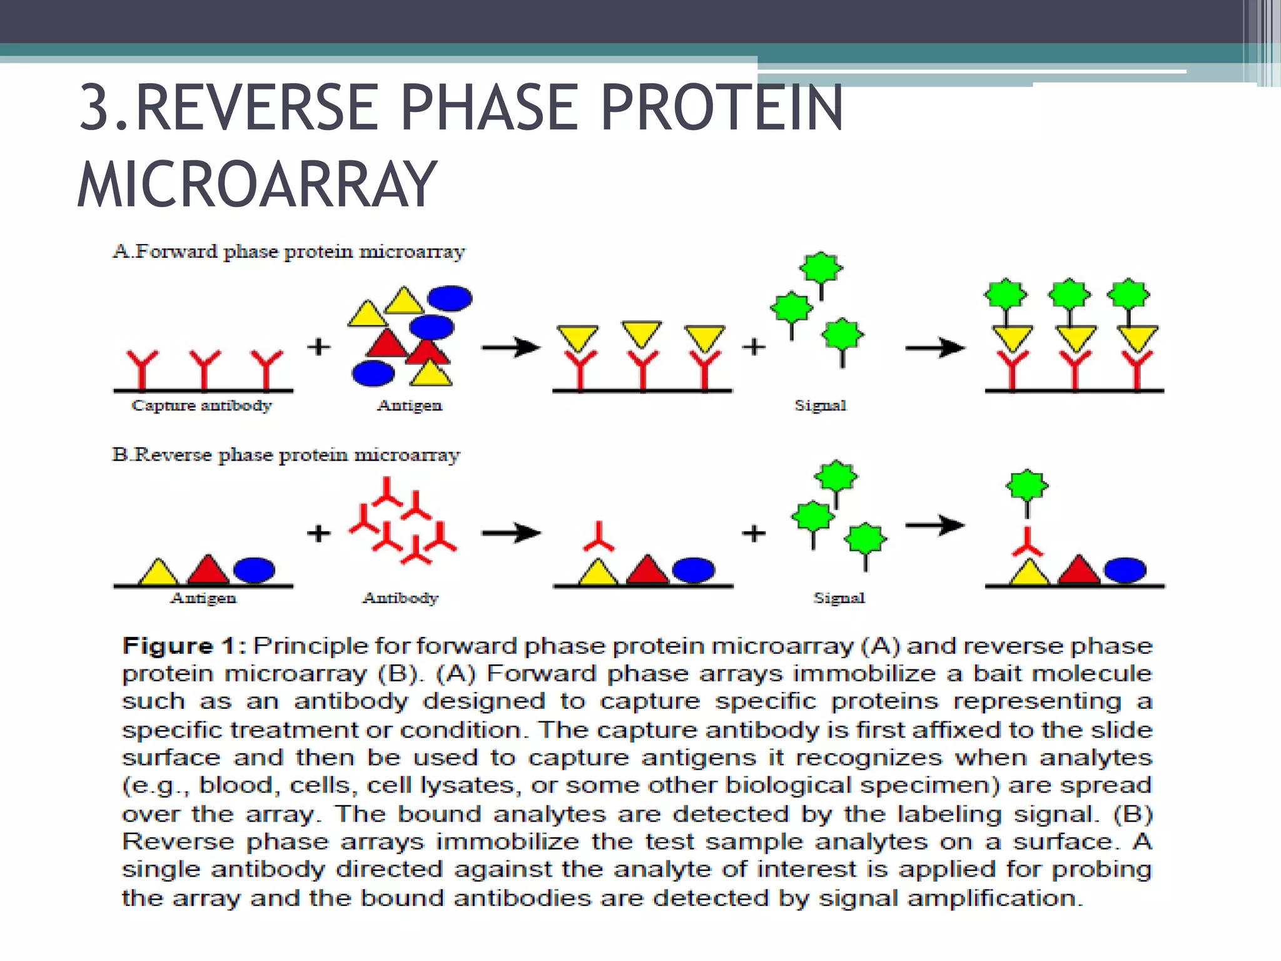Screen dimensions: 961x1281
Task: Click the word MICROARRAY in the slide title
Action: click(x=256, y=185)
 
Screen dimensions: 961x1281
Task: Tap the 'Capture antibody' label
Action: click(x=201, y=405)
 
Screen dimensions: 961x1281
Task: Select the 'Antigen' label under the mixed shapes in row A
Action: click(x=409, y=405)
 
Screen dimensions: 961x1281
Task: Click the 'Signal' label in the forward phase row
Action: click(x=820, y=405)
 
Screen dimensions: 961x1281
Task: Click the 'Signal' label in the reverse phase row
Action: click(x=839, y=598)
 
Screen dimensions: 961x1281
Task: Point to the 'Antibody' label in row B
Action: click(x=400, y=598)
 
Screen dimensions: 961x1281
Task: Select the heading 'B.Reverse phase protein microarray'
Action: click(x=286, y=455)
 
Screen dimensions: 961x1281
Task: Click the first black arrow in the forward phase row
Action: click(x=510, y=347)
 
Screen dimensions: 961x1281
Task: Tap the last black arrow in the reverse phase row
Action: click(x=934, y=526)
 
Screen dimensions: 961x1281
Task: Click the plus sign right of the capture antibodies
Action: click(x=319, y=346)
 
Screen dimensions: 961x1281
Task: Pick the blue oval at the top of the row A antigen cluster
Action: click(x=450, y=298)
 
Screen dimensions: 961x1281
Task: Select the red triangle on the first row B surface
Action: click(x=208, y=571)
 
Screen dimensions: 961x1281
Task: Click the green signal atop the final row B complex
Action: click(x=1026, y=486)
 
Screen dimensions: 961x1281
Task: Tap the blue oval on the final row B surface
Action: click(x=1125, y=570)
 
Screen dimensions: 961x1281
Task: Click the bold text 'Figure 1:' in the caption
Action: click(x=184, y=646)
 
